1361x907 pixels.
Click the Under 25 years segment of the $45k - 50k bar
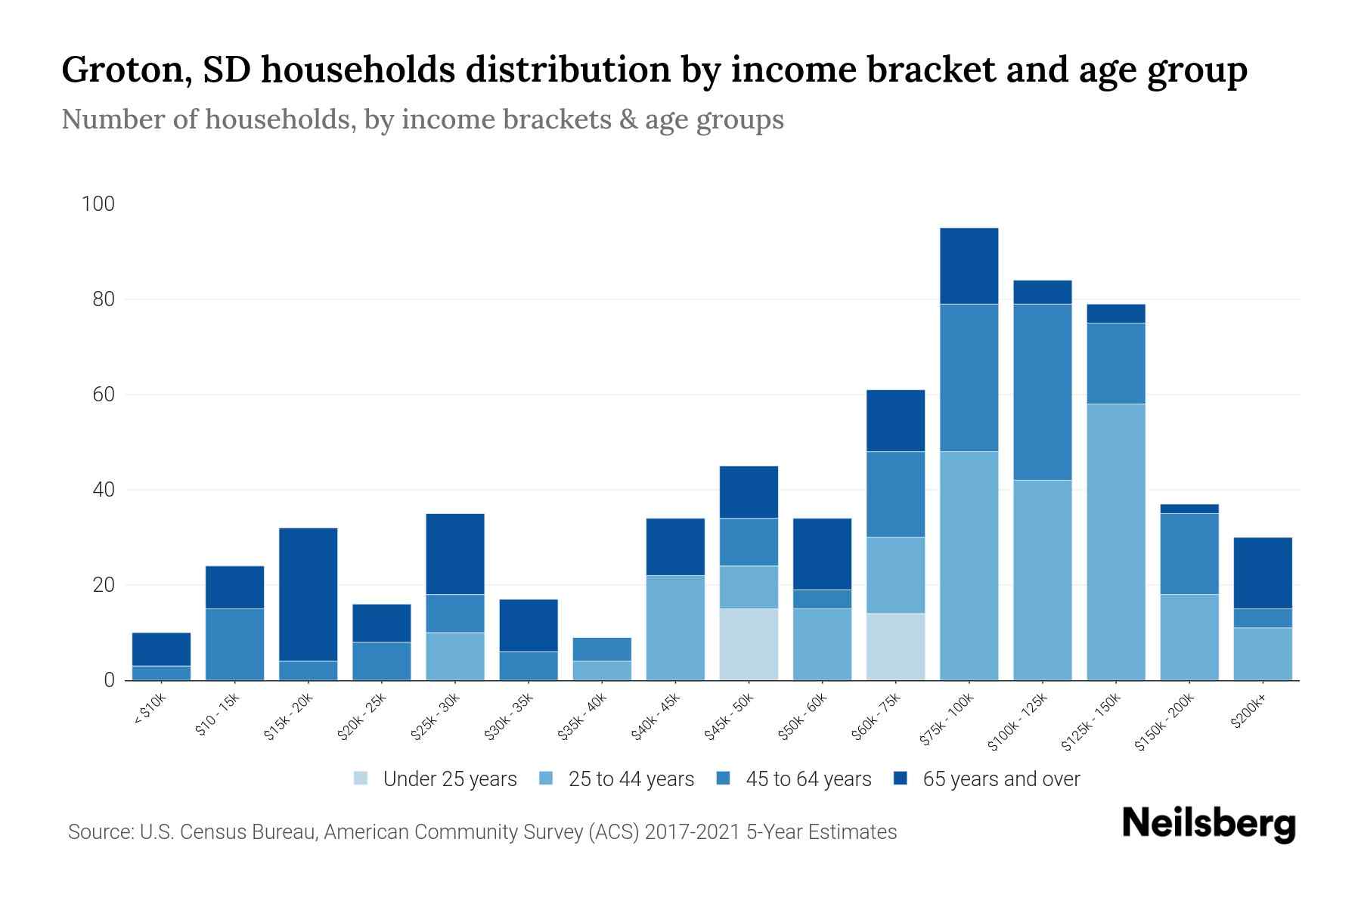click(749, 644)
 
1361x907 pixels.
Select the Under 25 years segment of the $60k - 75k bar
click(895, 647)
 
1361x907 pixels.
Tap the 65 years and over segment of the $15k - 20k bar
click(308, 594)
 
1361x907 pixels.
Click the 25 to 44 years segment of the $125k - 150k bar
click(1116, 542)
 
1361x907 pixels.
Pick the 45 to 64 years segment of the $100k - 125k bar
click(1043, 392)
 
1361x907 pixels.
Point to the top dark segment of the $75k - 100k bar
click(969, 266)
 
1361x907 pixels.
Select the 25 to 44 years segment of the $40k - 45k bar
click(675, 627)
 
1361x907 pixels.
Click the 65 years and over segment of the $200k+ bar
click(1263, 573)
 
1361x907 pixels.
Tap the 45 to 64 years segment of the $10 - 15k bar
click(234, 644)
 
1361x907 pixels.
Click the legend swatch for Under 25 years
click(361, 779)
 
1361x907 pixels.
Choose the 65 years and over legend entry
click(1000, 779)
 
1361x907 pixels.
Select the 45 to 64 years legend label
click(808, 779)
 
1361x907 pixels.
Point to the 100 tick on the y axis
click(98, 204)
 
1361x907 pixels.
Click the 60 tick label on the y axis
click(103, 395)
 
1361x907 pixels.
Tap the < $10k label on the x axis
click(150, 710)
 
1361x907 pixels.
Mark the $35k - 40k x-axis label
click(582, 717)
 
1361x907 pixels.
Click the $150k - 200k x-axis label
click(1164, 723)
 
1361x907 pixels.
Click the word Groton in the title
click(121, 70)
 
